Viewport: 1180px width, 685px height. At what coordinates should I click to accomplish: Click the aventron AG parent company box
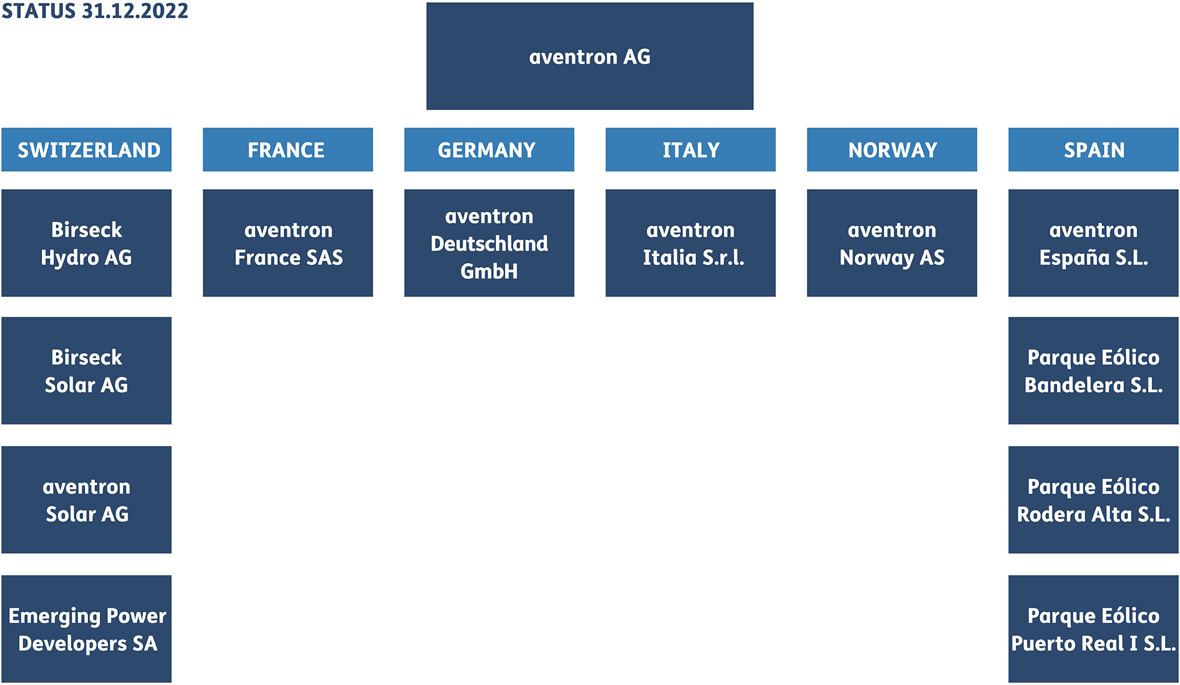point(589,56)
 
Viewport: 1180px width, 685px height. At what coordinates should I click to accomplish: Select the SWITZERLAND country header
point(87,149)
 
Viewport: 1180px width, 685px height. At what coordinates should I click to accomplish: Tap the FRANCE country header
point(288,149)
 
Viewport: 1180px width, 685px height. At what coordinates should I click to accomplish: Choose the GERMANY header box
point(489,149)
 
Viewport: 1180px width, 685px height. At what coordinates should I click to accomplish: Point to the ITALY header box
point(690,149)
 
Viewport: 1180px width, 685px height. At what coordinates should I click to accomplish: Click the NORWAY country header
point(892,149)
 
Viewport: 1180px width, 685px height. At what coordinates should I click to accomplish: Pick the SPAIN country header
point(1093,149)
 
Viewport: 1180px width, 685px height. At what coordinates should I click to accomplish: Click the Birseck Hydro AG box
point(87,243)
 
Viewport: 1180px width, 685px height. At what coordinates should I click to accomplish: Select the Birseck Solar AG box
point(87,371)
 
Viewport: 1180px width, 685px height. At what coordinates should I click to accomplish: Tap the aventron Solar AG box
point(87,500)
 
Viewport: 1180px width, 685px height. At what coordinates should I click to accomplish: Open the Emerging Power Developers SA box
point(87,629)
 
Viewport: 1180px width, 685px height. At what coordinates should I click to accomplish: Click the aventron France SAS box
point(288,243)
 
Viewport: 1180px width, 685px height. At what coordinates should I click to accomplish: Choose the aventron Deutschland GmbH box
point(489,243)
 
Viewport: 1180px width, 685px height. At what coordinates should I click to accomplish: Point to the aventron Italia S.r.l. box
point(690,243)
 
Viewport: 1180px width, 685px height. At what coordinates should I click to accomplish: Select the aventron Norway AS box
point(892,243)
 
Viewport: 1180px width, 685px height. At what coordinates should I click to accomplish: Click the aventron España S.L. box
point(1093,243)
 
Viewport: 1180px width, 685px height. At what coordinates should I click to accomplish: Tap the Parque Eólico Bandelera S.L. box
point(1093,371)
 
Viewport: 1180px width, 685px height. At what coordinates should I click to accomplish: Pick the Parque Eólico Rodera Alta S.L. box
point(1093,500)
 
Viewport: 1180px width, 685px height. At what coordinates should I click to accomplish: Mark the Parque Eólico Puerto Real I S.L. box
point(1093,629)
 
